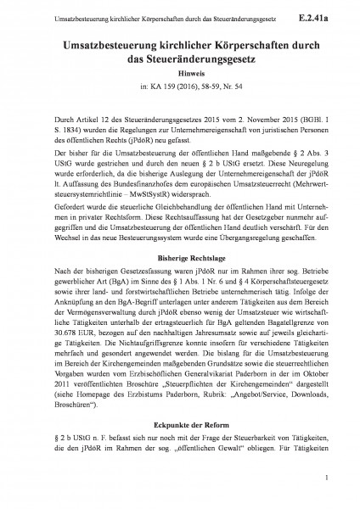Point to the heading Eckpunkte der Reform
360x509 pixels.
180,417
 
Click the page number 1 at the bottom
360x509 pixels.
326,480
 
